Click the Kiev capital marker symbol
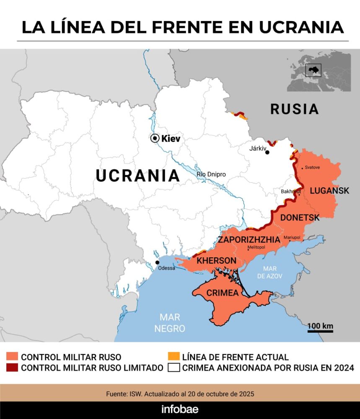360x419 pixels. pyautogui.click(x=155, y=138)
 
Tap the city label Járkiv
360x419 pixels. pyautogui.click(x=258, y=148)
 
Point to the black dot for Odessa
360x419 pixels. pyautogui.click(x=157, y=262)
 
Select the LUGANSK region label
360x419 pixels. pyautogui.click(x=329, y=191)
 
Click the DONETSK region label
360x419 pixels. pyautogui.click(x=300, y=217)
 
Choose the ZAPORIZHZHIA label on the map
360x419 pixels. pyautogui.click(x=249, y=240)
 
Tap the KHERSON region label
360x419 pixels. pyautogui.click(x=217, y=261)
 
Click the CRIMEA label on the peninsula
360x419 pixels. pyautogui.click(x=223, y=293)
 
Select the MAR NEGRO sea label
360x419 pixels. pyautogui.click(x=170, y=323)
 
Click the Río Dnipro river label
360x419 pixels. pyautogui.click(x=211, y=174)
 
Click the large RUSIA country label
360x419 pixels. pyautogui.click(x=294, y=109)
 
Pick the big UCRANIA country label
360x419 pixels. pyautogui.click(x=138, y=175)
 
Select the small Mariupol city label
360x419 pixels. pyautogui.click(x=292, y=238)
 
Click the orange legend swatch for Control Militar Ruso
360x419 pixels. pyautogui.click(x=12, y=357)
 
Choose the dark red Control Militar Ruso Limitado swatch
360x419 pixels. pyautogui.click(x=12, y=368)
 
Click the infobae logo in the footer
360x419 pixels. pyautogui.click(x=180, y=409)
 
